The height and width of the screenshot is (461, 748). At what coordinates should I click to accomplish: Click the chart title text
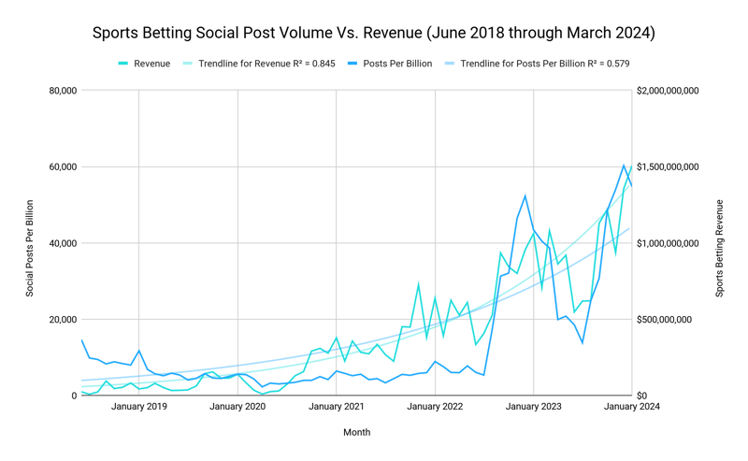point(374,33)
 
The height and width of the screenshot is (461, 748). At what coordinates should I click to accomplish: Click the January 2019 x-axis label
point(139,407)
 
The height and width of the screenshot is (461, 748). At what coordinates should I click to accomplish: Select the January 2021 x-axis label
point(337,407)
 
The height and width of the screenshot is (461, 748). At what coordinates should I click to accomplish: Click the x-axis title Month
point(356,432)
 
